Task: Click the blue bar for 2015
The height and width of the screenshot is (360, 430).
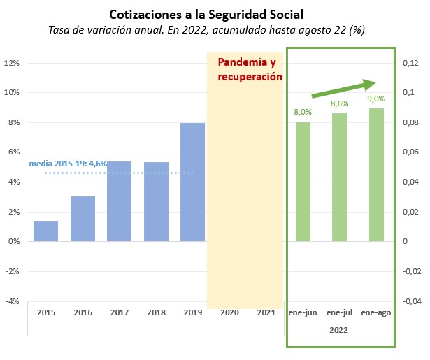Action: pos(46,231)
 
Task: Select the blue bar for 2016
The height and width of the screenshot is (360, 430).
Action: pos(83,219)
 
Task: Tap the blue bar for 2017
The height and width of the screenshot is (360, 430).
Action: pos(120,201)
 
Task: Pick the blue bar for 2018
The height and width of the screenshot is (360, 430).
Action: pos(157,202)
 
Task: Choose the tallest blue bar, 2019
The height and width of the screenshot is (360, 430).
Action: pos(193,182)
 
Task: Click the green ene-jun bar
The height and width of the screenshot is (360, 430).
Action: pos(303,182)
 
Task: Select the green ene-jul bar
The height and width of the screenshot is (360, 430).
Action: pos(340,178)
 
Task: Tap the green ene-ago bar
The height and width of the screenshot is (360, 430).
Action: pos(377,175)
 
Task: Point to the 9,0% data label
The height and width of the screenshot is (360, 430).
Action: pos(376,99)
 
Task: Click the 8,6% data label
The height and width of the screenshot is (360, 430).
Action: pos(340,103)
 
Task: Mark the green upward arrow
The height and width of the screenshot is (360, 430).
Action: pos(344,89)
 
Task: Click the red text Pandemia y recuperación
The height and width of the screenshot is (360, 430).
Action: pos(250,70)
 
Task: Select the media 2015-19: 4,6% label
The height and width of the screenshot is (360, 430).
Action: pos(68,164)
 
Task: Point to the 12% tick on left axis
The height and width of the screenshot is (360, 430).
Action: pos(12,63)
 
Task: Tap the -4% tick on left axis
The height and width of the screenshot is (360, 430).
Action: pos(13,301)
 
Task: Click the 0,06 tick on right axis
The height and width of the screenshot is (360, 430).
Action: pos(410,152)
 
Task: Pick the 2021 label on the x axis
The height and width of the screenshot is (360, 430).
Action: pos(266,312)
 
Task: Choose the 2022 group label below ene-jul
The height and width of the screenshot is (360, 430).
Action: pos(338,330)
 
